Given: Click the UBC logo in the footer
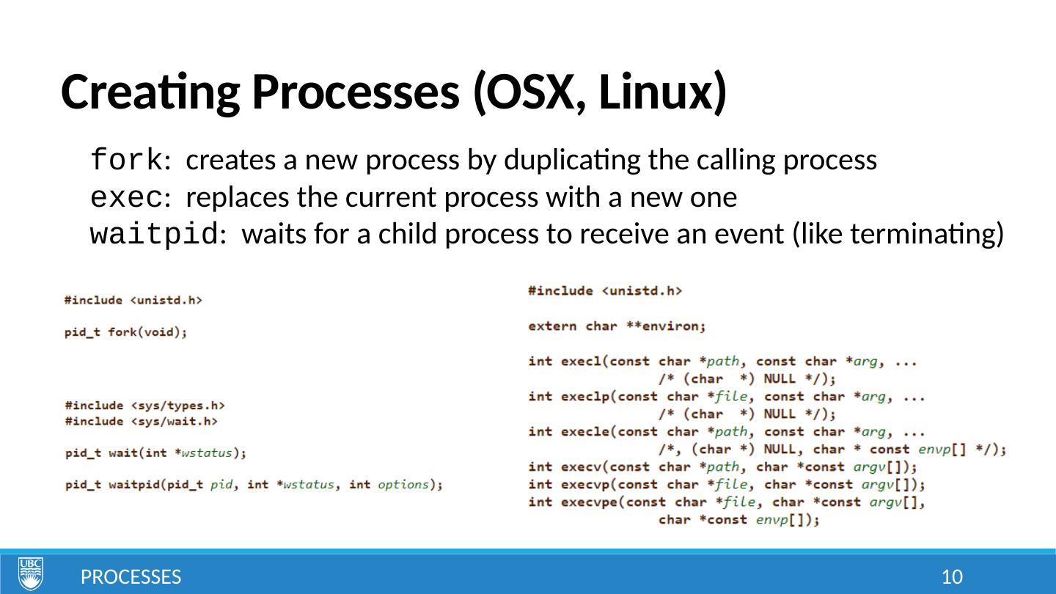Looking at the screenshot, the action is (x=30, y=573).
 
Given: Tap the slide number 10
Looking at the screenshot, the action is (x=951, y=577).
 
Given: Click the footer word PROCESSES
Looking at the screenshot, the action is (x=131, y=577).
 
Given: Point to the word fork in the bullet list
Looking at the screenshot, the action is (x=125, y=159).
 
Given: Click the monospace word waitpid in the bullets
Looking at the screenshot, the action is (x=153, y=235).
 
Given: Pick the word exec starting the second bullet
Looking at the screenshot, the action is (x=125, y=197).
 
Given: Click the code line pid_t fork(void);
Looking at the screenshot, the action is (x=125, y=332).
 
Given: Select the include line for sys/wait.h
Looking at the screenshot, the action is (x=141, y=421).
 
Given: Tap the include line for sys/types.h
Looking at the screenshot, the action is (x=144, y=405).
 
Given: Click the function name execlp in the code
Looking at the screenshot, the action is (x=584, y=397).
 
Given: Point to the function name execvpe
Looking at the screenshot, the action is (x=589, y=502).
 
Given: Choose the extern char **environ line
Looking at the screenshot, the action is (x=616, y=326).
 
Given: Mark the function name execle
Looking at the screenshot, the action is (x=584, y=432).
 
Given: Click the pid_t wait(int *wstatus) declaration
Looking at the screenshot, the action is (x=155, y=453).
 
